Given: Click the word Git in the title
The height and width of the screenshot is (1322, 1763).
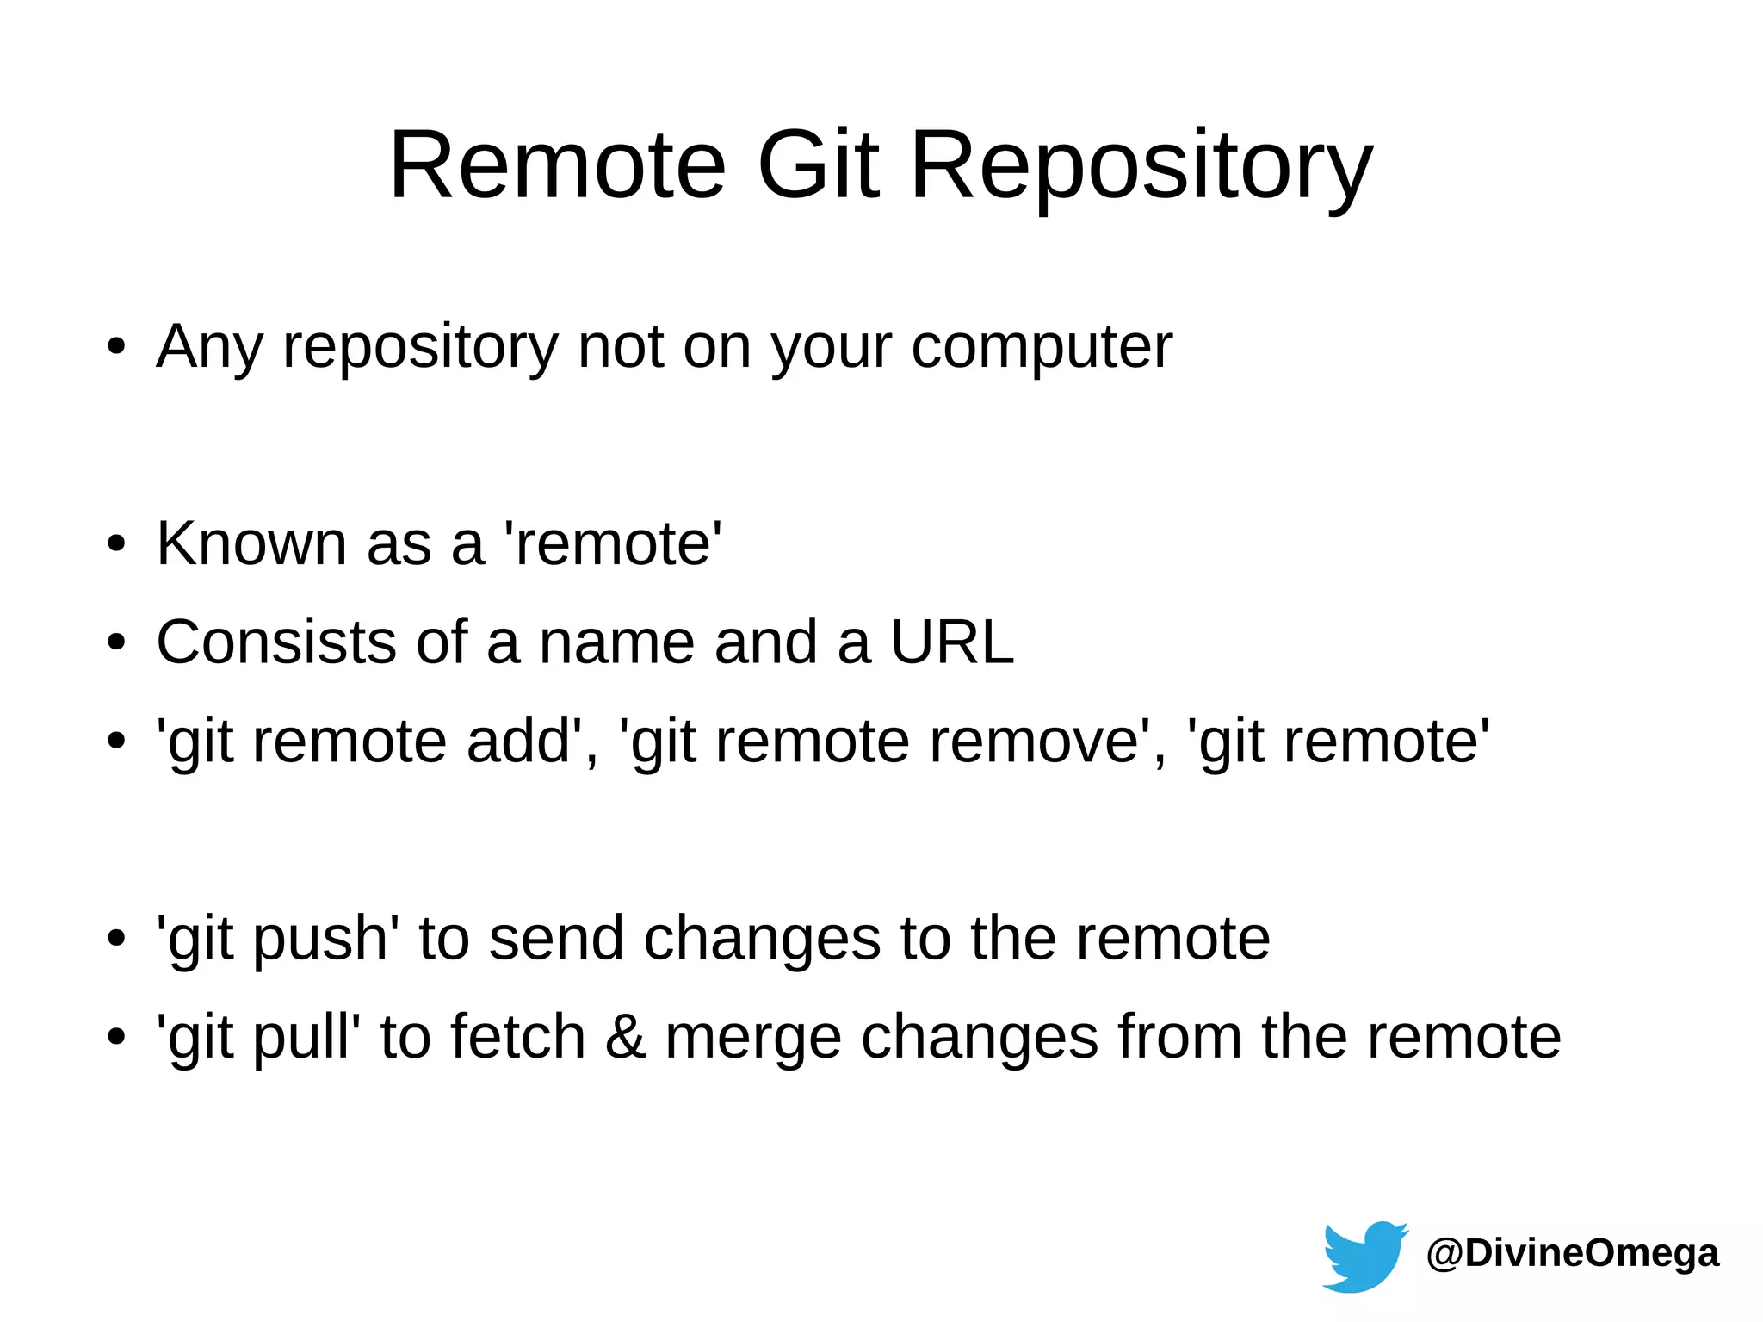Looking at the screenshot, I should click(818, 164).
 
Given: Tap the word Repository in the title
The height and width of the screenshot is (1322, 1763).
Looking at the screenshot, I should click(1141, 164).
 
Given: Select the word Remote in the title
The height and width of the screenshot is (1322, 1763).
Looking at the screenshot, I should click(558, 164).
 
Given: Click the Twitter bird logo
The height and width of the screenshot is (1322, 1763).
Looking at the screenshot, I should click(1364, 1255).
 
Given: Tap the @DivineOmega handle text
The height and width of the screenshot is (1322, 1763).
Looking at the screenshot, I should click(1573, 1253).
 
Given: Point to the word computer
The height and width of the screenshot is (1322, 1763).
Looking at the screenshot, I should click(1042, 347).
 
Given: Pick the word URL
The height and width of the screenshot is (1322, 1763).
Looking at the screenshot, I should click(952, 642).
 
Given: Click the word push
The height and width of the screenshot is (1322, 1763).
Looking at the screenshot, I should click(320, 939).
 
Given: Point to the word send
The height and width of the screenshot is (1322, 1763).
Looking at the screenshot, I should click(556, 938).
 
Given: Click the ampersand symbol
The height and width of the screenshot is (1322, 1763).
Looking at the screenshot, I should click(625, 1037).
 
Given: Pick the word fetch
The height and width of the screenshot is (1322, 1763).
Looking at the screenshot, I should click(517, 1037).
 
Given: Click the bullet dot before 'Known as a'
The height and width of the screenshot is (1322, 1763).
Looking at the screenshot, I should click(116, 544).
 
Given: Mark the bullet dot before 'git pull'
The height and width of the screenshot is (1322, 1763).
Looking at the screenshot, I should click(116, 1037).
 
